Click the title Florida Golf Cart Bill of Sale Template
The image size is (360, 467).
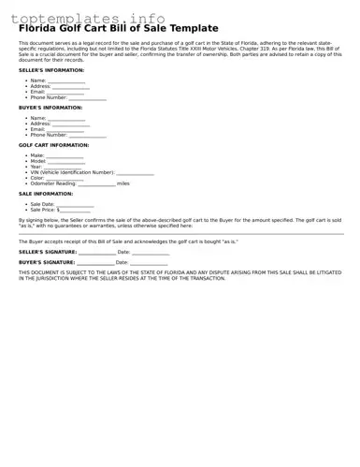118,29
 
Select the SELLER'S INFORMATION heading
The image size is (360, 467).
50,70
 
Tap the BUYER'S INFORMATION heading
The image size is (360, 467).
50,108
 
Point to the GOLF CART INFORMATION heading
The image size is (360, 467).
54,145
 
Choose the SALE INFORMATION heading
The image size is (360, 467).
46,194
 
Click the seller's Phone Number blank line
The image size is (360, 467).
88,97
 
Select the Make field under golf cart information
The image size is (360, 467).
65,155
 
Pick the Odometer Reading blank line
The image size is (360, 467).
96,183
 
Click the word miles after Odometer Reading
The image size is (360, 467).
123,183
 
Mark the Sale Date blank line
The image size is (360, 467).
75,204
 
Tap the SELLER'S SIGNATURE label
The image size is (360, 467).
48,252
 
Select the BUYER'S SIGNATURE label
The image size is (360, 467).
47,263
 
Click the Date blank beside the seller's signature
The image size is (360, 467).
151,252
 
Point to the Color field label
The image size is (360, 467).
37,178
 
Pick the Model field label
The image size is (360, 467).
38,161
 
